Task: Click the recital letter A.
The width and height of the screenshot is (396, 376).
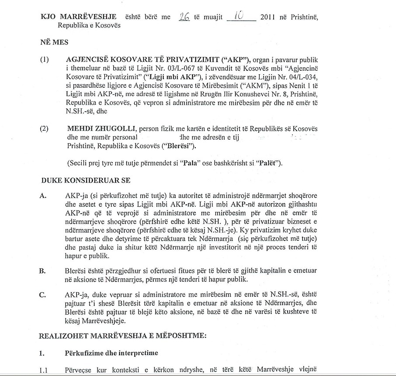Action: click(x=43, y=196)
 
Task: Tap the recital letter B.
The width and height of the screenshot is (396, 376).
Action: click(x=43, y=271)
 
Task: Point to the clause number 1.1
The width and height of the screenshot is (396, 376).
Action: click(x=44, y=369)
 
